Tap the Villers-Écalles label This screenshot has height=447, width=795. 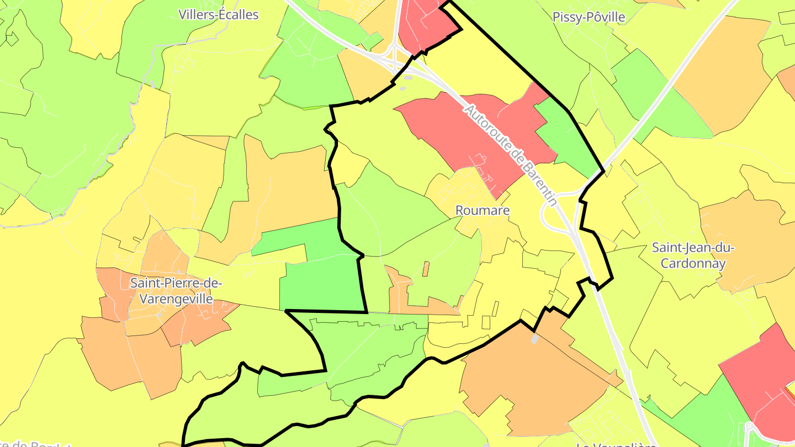(x=219, y=15)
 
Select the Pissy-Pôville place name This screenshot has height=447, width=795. (x=589, y=17)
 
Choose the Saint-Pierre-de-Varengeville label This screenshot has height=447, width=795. (x=176, y=291)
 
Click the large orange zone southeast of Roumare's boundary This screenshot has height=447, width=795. (x=530, y=375)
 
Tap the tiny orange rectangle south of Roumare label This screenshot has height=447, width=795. (x=426, y=269)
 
